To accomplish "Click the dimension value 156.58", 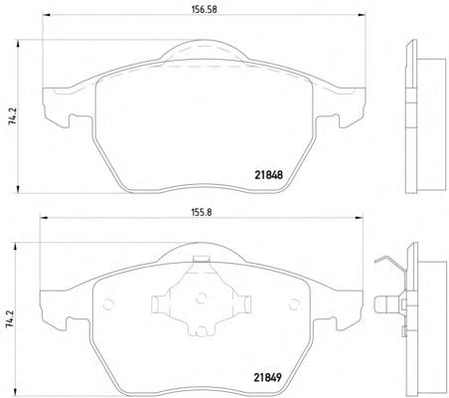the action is [x=205, y=10].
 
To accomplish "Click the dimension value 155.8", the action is [x=201, y=212].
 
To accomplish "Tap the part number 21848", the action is [x=269, y=175].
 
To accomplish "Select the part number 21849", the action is [x=268, y=377].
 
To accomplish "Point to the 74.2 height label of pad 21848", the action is [x=12, y=116].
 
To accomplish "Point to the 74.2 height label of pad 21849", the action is [x=10, y=319].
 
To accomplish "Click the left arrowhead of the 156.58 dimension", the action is [x=46, y=15].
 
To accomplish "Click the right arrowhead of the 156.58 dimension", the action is [x=363, y=15].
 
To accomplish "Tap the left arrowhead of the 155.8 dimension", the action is [x=43, y=218].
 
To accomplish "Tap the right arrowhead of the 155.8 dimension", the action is [x=360, y=218].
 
